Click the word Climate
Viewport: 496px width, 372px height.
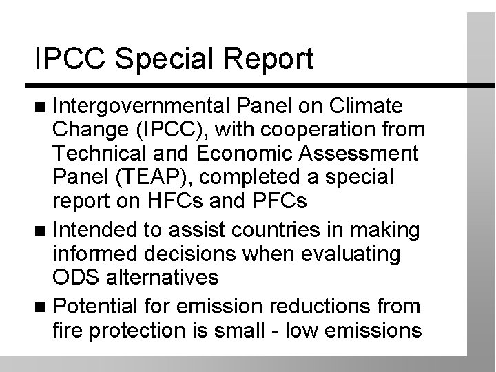tap(369, 107)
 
